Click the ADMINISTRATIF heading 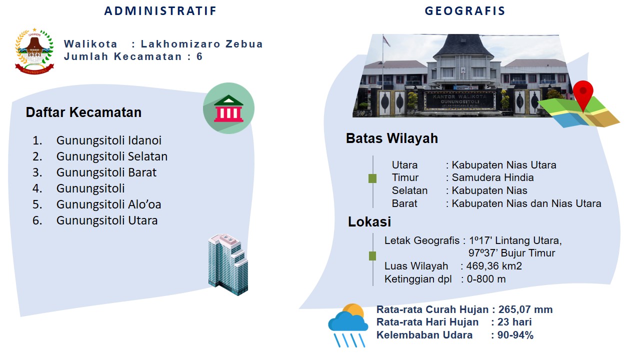pyautogui.click(x=160, y=11)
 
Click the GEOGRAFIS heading pyautogui.click(x=465, y=11)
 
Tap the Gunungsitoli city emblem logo pyautogui.click(x=34, y=51)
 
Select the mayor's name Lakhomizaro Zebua pyautogui.click(x=201, y=44)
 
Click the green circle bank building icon pyautogui.click(x=228, y=108)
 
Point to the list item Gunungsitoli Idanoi pyautogui.click(x=109, y=140)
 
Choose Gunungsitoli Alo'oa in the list pyautogui.click(x=109, y=204)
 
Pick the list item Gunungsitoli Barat pyautogui.click(x=106, y=172)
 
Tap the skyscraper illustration pyautogui.click(x=228, y=265)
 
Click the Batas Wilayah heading pyautogui.click(x=391, y=138)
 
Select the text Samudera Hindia pyautogui.click(x=492, y=177)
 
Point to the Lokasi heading pyautogui.click(x=369, y=221)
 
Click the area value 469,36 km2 pyautogui.click(x=494, y=266)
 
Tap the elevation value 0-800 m pyautogui.click(x=486, y=279)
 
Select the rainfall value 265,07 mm pyautogui.click(x=525, y=309)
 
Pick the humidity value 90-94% pyautogui.click(x=515, y=335)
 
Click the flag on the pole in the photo pyautogui.click(x=386, y=40)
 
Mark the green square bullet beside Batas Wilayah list pyautogui.click(x=372, y=178)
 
